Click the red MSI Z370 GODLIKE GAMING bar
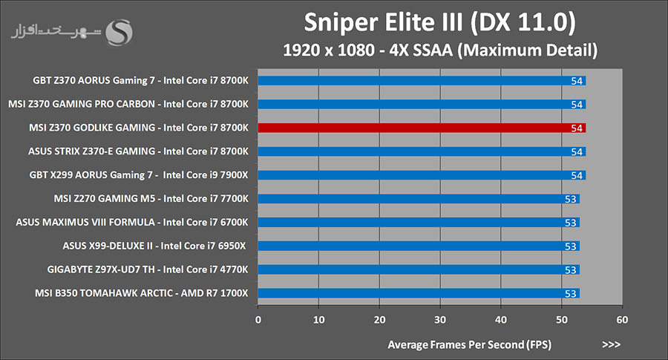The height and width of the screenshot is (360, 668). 422,128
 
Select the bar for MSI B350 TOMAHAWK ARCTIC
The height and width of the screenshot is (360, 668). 419,293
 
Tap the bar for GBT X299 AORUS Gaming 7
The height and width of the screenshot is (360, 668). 422,175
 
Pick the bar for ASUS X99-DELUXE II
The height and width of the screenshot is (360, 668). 419,246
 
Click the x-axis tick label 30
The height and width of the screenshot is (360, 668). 440,320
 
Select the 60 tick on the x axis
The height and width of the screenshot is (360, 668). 622,320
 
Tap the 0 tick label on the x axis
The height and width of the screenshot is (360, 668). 258,320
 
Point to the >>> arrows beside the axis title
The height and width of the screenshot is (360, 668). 612,344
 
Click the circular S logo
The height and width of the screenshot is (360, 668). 119,33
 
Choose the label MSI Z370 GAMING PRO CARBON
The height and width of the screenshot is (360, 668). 82,104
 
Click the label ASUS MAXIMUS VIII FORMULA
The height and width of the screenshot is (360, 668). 85,222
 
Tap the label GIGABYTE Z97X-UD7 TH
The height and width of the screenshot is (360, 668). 101,269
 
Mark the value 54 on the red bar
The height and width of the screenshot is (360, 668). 577,128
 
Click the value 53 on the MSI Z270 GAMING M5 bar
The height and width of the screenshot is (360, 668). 571,199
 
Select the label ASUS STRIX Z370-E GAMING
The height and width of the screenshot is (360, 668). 91,151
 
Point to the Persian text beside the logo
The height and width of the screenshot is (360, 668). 56,33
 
